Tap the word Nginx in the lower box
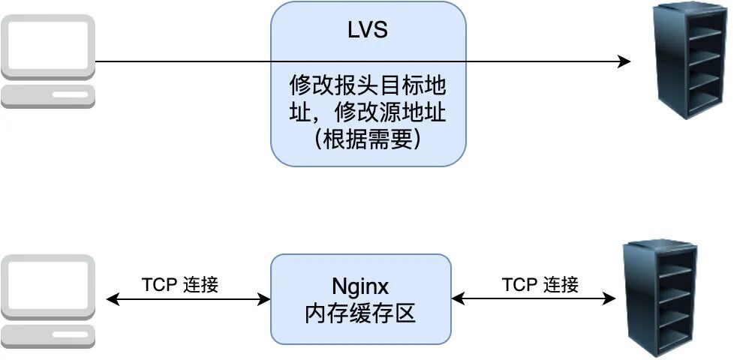[360, 286]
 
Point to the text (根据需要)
[367, 138]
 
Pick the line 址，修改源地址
[368, 112]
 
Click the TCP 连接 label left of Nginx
[180, 285]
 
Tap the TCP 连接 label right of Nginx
[540, 285]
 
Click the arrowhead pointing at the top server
[624, 61]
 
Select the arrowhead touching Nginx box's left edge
[265, 299]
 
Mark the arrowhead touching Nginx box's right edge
[457, 299]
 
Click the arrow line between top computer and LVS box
[184, 61]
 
